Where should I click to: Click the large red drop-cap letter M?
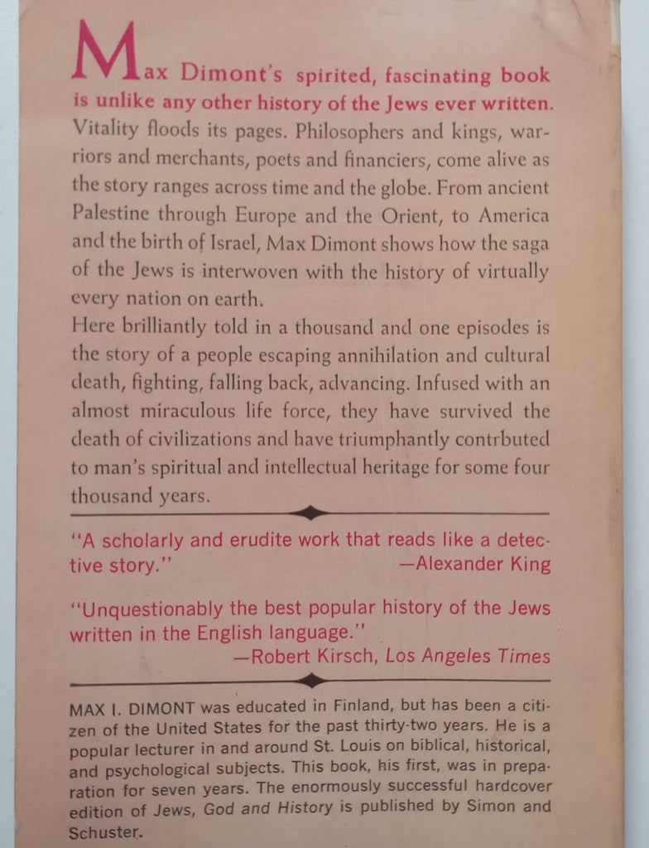[104, 53]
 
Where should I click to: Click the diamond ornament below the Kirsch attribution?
[310, 682]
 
